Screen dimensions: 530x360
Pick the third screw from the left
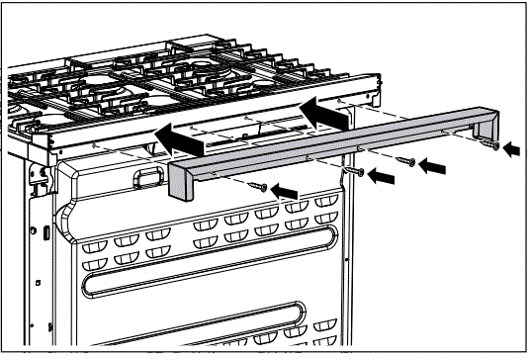point(403,159)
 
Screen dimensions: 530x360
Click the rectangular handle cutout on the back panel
point(143,177)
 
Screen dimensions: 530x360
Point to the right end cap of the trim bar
point(485,123)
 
